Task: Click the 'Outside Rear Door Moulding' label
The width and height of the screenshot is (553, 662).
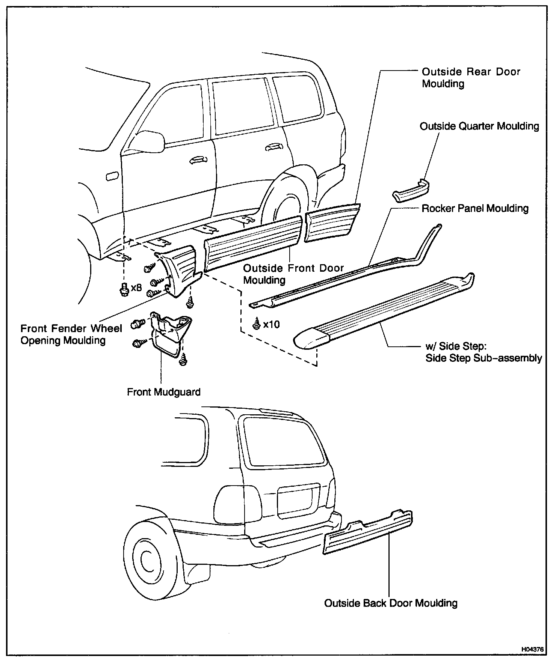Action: pos(471,77)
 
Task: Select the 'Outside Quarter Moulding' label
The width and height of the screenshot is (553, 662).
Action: pos(479,126)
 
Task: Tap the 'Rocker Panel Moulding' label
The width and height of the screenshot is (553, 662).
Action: pos(475,208)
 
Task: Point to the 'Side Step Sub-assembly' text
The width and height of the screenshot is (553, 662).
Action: pos(483,358)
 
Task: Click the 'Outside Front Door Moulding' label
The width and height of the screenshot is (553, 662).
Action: pos(293,274)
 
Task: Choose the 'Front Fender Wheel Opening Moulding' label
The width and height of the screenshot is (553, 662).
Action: pos(71,334)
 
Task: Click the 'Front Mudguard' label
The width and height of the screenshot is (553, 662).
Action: pos(164,392)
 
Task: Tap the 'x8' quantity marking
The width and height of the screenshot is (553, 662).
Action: pos(136,288)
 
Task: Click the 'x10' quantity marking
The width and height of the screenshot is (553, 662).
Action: pos(271,324)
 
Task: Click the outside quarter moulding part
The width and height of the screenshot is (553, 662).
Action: pos(411,191)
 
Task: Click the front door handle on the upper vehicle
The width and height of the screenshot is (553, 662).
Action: pos(198,160)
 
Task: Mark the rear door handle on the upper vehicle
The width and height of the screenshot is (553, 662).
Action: pos(273,147)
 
